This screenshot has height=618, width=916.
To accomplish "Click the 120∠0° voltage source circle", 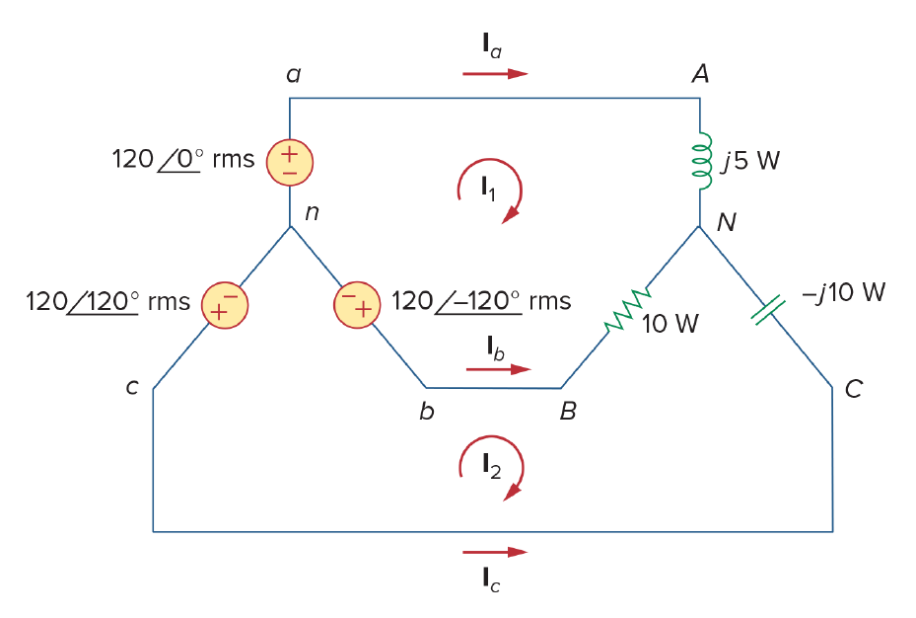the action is pos(290,162).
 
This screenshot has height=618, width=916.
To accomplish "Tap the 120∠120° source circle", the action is pos(225,305).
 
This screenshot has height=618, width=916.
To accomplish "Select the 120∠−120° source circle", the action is pos(357,305).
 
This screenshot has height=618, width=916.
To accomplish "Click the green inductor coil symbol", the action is pos(703,161).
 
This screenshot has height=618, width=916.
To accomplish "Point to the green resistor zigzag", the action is pos(627,309).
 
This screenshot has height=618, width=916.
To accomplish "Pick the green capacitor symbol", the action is pos(768,310).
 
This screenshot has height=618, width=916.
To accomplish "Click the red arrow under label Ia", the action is pos(495,74).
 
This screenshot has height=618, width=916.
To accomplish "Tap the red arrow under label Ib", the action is pos(498,369).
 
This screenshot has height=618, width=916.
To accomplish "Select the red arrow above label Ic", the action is pos(495,552).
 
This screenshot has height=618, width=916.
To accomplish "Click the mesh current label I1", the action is pos(488,189).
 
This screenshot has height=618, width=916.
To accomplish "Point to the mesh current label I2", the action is pos(491,467).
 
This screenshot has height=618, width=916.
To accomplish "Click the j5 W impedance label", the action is pos(750,161).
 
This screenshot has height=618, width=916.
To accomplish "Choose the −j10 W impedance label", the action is pos(844,292).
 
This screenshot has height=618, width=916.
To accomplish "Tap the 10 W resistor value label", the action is pos(670,324).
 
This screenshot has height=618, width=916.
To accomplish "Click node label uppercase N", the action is pos(727,222).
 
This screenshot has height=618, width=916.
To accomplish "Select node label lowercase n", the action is pos(313,212).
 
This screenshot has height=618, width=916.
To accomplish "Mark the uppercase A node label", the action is pos(700,74).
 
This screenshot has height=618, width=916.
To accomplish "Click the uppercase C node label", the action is pos(854,389).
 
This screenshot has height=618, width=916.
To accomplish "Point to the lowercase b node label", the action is pos(427,411).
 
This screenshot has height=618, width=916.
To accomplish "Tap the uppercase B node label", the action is pos(568,411).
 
